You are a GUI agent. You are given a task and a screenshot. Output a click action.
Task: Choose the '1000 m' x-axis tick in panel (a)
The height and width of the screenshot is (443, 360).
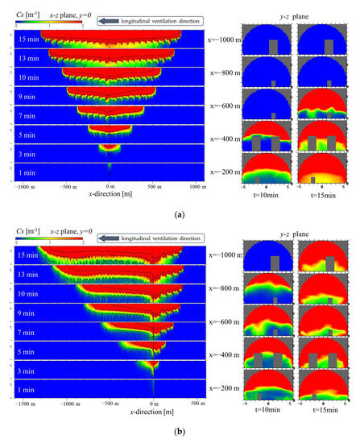(198, 187)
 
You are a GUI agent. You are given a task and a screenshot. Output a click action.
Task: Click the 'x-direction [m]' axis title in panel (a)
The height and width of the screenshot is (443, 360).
(110, 196)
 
